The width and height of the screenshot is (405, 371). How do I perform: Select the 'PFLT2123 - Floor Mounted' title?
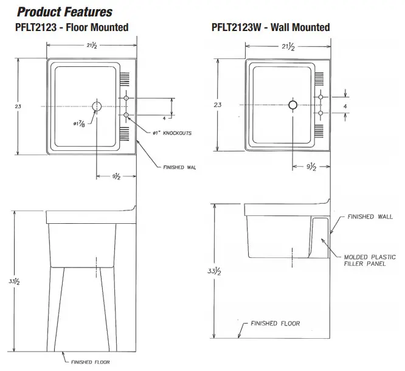[72, 27]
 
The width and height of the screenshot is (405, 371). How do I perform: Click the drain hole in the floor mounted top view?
[97, 106]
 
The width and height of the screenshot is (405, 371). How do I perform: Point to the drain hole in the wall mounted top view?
[293, 105]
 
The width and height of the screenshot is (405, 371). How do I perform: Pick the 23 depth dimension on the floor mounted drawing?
[18, 106]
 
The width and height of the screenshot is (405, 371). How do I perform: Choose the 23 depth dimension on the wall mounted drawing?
[217, 105]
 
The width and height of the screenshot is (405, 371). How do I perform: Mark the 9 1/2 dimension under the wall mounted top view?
[310, 167]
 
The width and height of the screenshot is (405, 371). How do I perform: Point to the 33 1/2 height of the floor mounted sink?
[19, 282]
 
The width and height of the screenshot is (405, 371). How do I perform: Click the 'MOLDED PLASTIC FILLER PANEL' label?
[370, 260]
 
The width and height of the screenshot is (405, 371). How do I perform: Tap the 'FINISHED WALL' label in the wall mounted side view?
[370, 217]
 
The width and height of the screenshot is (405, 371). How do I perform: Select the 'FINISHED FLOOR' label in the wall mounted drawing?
[275, 324]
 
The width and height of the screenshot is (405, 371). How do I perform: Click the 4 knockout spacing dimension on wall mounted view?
[345, 105]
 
